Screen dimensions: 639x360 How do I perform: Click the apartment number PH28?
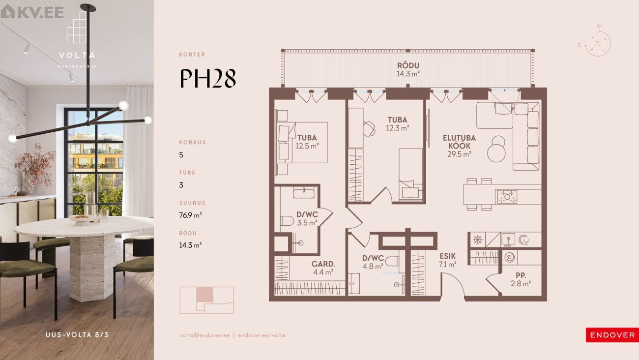point(208,78)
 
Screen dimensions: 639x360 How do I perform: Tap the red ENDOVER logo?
point(612,335)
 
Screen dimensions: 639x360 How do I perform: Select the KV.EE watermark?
point(32,12)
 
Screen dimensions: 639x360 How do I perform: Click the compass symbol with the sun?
point(596,41)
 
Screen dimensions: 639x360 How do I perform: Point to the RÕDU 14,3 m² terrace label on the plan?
point(408,69)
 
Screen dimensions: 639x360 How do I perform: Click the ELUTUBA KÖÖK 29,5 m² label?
point(459,146)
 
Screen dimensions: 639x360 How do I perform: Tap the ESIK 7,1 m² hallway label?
point(447,260)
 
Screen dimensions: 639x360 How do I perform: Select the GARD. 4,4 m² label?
point(323,268)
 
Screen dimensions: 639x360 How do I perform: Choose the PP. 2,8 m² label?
point(521,279)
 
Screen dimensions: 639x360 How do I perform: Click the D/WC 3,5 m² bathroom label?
point(307,219)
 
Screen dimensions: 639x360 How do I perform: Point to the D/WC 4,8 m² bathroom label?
point(373,262)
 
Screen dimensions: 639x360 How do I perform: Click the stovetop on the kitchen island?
point(507,197)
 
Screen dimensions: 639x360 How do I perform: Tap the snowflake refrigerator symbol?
point(478,240)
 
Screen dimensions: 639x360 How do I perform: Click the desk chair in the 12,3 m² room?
point(369,129)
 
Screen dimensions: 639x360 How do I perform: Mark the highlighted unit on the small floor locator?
point(204,295)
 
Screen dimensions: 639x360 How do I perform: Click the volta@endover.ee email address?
point(204,335)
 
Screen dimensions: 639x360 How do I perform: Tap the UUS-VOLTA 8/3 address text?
point(77,335)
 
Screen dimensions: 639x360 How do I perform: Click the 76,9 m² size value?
point(191,215)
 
